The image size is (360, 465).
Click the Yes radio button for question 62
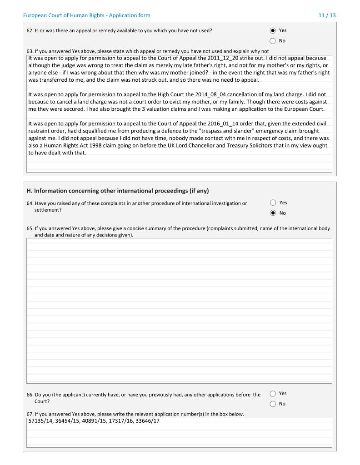click(273, 30)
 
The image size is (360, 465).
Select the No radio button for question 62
click(273, 41)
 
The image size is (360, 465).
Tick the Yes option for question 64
click(273, 203)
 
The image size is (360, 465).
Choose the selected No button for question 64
click(273, 213)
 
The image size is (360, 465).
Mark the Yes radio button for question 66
click(273, 394)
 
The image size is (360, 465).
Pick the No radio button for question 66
click(273, 404)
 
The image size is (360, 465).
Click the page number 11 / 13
click(327, 15)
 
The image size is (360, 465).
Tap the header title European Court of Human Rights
click(86, 15)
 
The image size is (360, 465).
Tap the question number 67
click(30, 415)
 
